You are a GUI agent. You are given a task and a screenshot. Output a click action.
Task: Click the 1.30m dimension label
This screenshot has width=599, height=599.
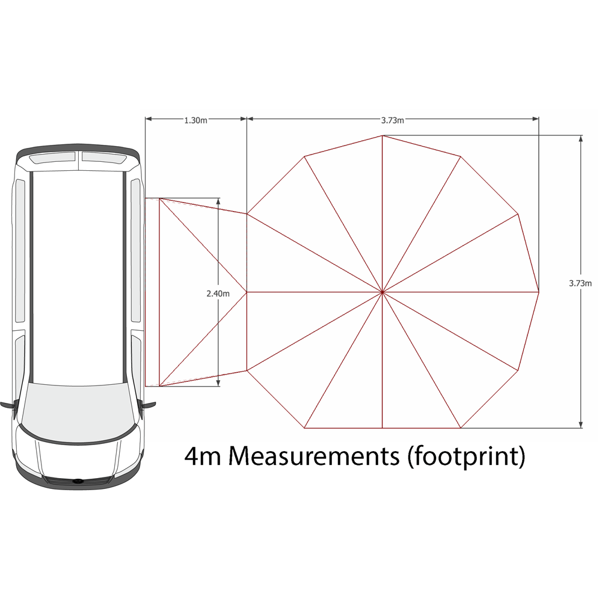pyautogui.click(x=195, y=120)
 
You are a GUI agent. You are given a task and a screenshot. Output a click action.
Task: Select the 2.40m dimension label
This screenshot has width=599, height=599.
pyautogui.click(x=218, y=293)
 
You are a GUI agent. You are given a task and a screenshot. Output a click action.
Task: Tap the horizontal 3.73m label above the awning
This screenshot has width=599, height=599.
pyautogui.click(x=393, y=120)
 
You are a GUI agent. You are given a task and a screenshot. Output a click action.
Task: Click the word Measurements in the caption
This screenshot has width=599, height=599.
pyautogui.click(x=313, y=457)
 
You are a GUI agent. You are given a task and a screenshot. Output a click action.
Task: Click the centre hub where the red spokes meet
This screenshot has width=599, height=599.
pyautogui.click(x=382, y=292)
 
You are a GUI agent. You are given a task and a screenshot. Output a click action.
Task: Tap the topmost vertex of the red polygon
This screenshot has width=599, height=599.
pyautogui.click(x=382, y=135)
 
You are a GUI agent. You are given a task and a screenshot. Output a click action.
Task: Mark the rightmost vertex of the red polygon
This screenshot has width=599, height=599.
pyautogui.click(x=538, y=292)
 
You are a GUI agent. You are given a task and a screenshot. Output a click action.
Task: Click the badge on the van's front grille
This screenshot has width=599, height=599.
pyautogui.click(x=78, y=481)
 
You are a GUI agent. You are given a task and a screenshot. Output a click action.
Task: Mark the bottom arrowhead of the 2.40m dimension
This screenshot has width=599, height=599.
pyautogui.click(x=218, y=382)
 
